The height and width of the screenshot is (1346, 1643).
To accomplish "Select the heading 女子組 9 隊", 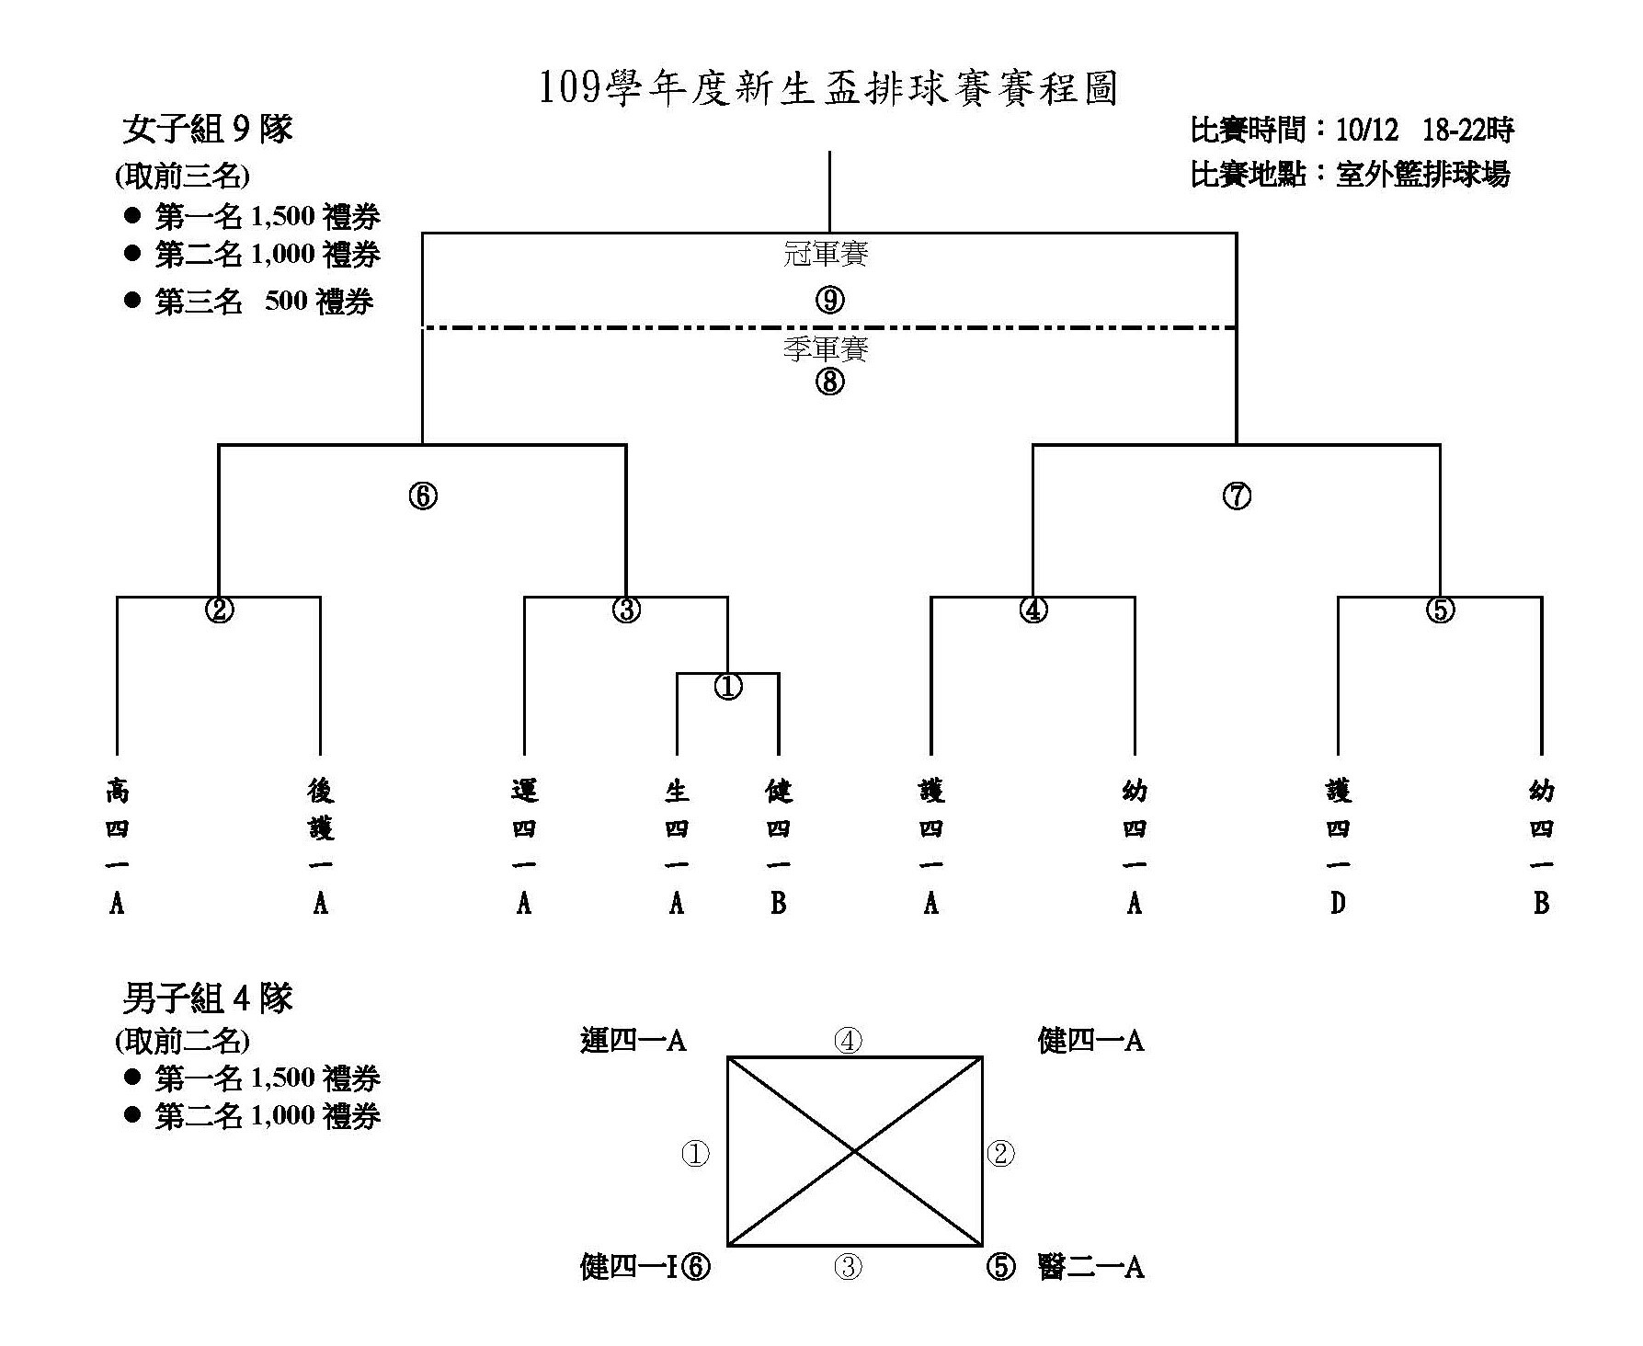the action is pos(207,130).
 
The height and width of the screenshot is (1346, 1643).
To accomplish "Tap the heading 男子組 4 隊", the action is pos(207,998).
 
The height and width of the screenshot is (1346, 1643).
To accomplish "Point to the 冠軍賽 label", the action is pos(826,254).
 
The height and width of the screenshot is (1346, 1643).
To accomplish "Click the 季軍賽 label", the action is pos(826,348).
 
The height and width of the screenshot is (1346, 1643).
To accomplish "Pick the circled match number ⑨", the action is pos(829,301).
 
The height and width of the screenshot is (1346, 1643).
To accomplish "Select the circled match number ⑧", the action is pos(829,381).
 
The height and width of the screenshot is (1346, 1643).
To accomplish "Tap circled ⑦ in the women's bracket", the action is pos(1237,496).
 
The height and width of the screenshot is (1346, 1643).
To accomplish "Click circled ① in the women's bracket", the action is pos(728,686).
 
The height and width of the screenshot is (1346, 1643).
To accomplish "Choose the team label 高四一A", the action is pos(117,847).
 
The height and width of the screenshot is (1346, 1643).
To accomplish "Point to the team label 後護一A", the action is pos(320,847).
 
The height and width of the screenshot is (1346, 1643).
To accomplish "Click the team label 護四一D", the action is pos(1338,847).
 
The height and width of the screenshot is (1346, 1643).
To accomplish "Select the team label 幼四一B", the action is pos(1541,847).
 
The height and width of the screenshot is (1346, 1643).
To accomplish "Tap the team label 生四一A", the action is pos(677,847).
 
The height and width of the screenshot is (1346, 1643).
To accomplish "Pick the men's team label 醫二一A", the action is pos(1090,1268).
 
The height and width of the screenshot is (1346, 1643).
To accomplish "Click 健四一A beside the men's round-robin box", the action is pos(1090,1041).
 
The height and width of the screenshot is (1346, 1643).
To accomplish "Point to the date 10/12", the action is pos(1367,131).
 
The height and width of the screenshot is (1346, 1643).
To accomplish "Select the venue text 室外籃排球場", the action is pos(1422,174).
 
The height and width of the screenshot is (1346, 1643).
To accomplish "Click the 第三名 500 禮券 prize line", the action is pos(263,302).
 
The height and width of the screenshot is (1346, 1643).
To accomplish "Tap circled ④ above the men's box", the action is pos(848,1041).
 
